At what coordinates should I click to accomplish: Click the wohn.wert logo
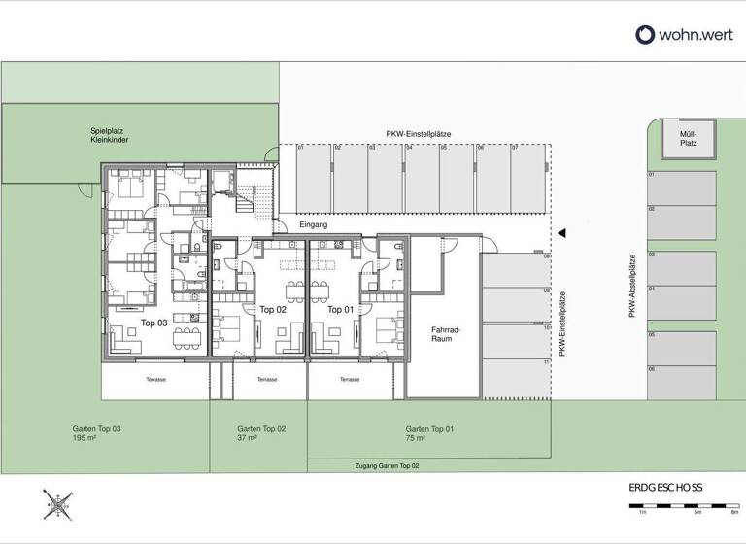(678, 34)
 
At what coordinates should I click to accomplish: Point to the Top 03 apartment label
(154, 322)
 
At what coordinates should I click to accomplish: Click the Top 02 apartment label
(273, 310)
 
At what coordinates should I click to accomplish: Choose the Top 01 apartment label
(340, 310)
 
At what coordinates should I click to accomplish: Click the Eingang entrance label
(314, 225)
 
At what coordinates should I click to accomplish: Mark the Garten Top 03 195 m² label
(96, 433)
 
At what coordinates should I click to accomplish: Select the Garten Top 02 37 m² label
(261, 433)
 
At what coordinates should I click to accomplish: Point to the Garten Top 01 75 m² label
(429, 433)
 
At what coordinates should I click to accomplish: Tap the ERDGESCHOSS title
(665, 488)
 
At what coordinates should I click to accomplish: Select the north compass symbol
(60, 503)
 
